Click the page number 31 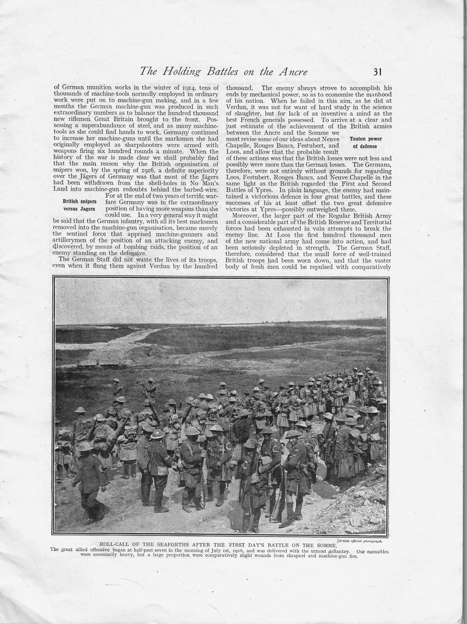coord(377,72)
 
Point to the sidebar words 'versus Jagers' coord(79,209)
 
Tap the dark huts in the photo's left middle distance coord(97,366)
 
